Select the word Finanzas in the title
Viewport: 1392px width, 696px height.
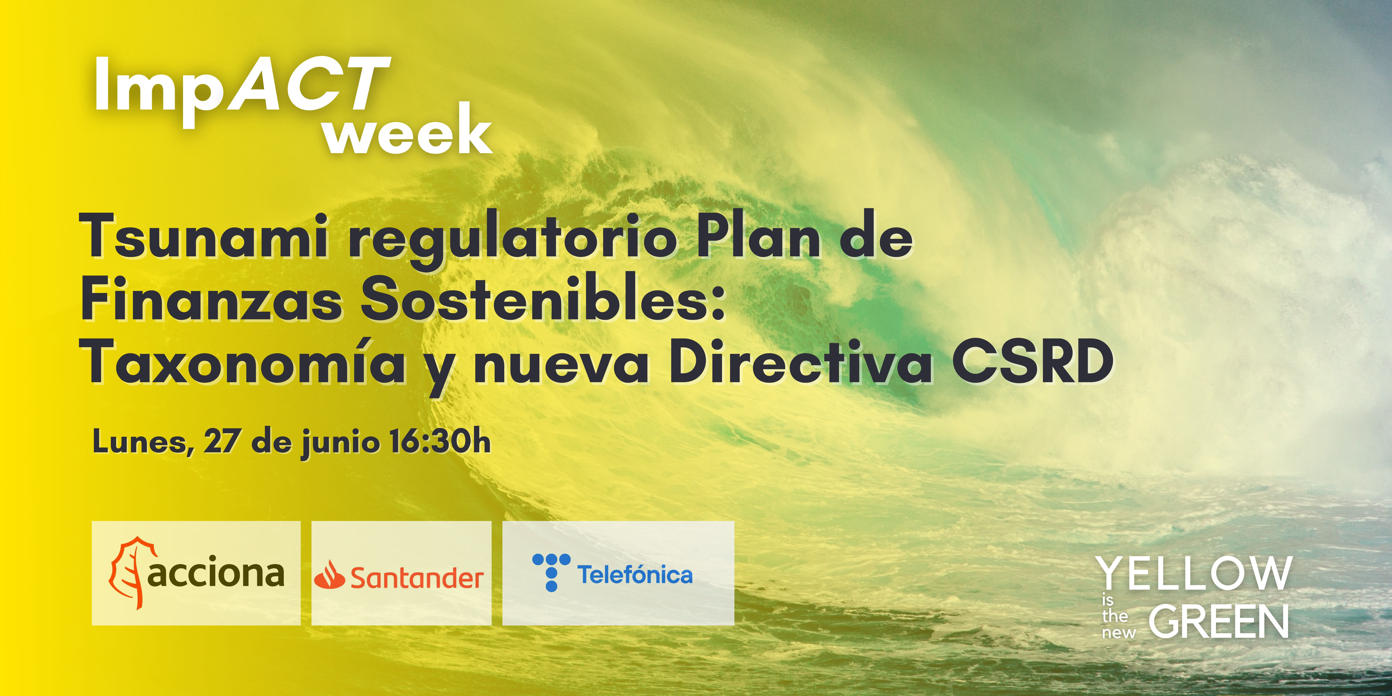pyautogui.click(x=211, y=299)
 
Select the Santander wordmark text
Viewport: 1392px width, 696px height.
pyautogui.click(x=417, y=578)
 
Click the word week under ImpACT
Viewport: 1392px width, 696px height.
pyautogui.click(x=408, y=130)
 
